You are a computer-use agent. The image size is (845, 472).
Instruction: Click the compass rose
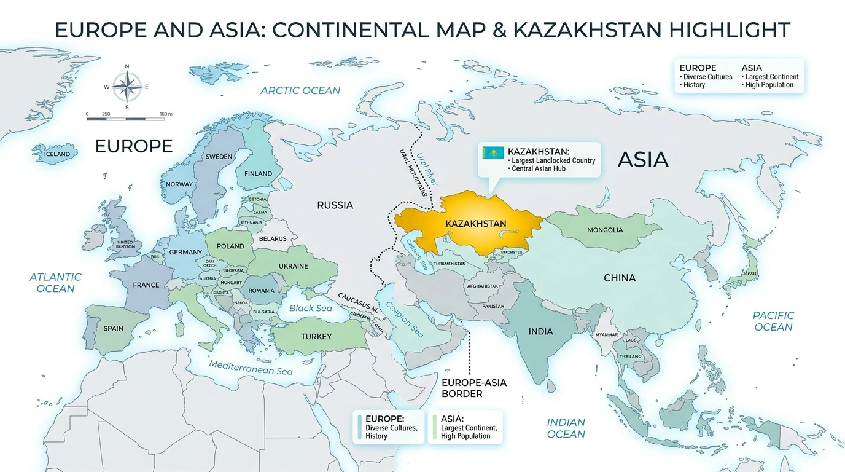pyautogui.click(x=127, y=87)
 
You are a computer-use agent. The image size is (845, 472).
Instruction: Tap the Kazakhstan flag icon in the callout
pyautogui.click(x=493, y=152)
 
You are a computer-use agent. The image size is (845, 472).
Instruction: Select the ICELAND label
pyautogui.click(x=57, y=154)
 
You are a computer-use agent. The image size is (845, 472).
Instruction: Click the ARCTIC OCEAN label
pyautogui.click(x=300, y=90)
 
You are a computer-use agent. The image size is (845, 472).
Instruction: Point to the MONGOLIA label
pyautogui.click(x=605, y=230)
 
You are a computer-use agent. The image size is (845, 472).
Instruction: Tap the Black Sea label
pyautogui.click(x=310, y=308)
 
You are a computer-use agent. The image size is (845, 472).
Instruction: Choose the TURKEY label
pyautogui.click(x=316, y=336)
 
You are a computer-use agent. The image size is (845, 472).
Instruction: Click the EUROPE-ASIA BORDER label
pyautogui.click(x=474, y=388)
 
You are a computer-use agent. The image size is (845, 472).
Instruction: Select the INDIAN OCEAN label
pyautogui.click(x=566, y=428)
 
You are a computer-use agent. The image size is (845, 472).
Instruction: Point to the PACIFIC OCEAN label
pyautogui.click(x=773, y=321)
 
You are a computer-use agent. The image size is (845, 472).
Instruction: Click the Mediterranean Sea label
pyautogui.click(x=251, y=368)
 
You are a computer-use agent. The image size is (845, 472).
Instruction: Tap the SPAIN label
pyautogui.click(x=113, y=328)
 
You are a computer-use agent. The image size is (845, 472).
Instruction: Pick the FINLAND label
pyautogui.click(x=258, y=174)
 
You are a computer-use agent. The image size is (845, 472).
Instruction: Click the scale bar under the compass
pyautogui.click(x=126, y=119)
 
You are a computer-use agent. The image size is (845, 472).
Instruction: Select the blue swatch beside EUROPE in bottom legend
pyautogui.click(x=359, y=427)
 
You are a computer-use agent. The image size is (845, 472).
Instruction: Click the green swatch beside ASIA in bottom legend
pyautogui.click(x=434, y=427)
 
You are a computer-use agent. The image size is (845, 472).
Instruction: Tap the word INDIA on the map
pyautogui.click(x=540, y=331)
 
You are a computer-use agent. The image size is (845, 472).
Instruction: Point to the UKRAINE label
pyautogui.click(x=294, y=266)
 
